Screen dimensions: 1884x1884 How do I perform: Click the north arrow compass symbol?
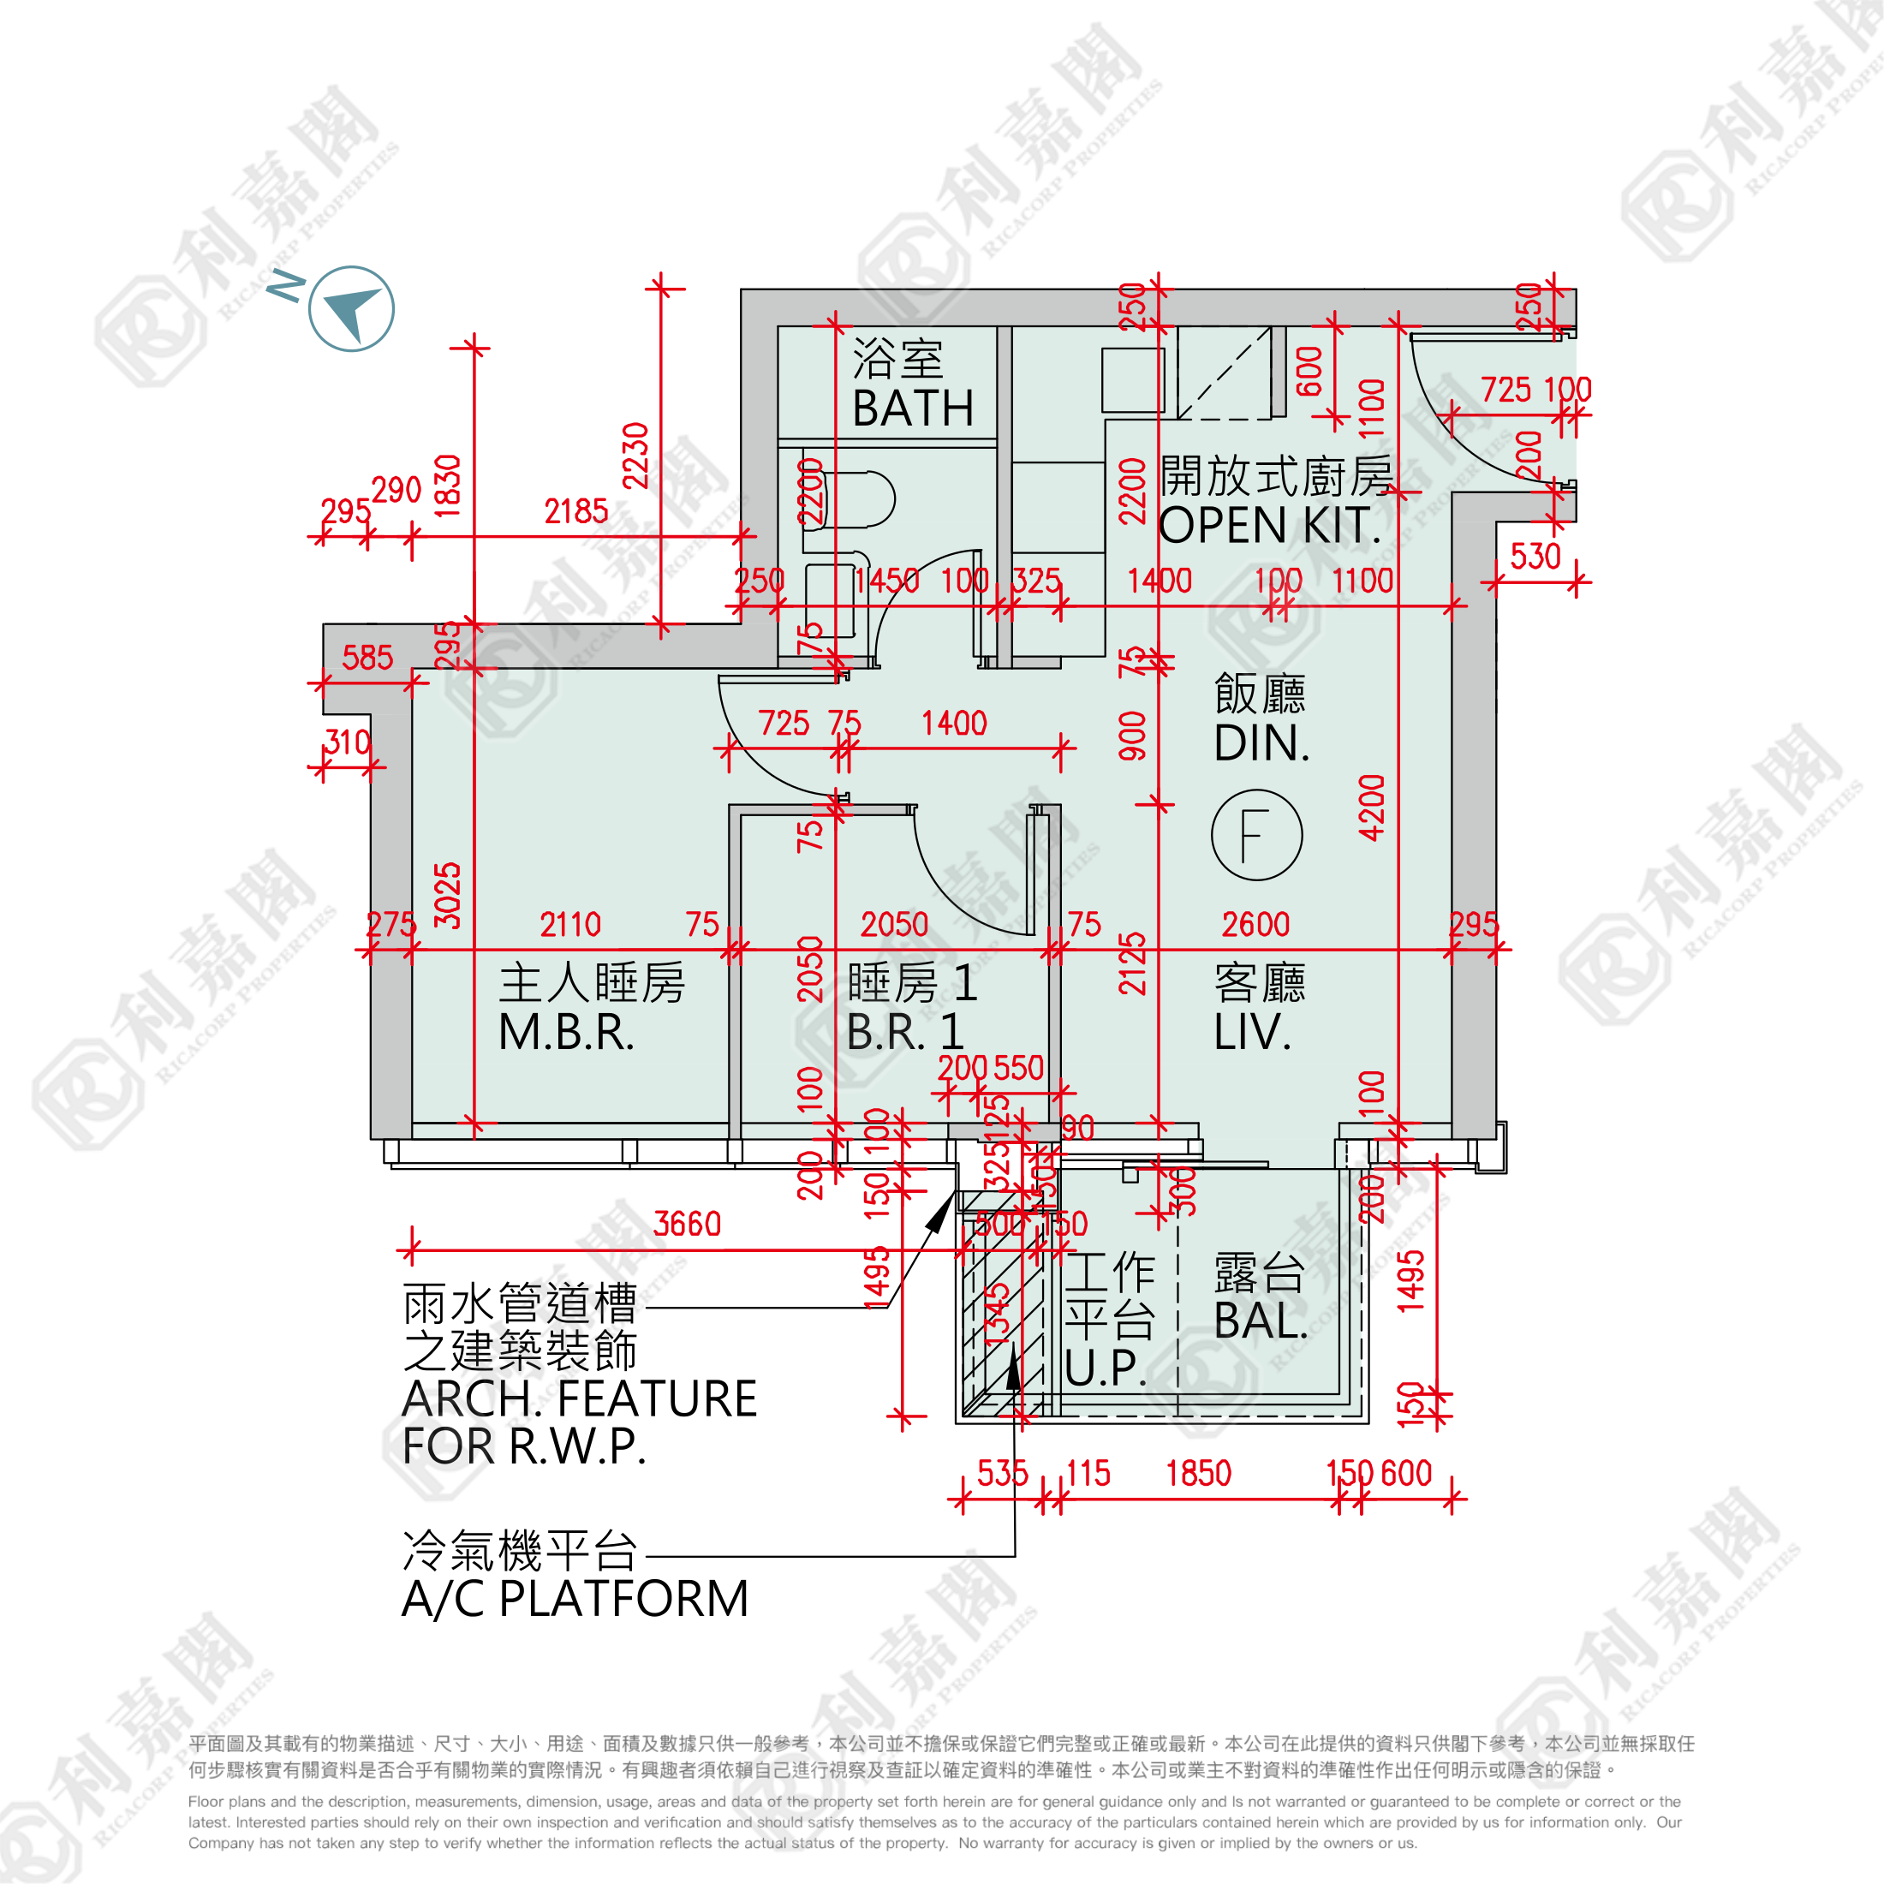click(x=350, y=308)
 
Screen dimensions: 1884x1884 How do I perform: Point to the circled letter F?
click(x=1256, y=835)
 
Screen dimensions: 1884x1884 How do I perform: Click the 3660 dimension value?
click(x=687, y=1224)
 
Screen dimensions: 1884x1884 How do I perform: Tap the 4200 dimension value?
click(x=1371, y=808)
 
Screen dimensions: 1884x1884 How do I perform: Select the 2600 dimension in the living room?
click(x=1255, y=925)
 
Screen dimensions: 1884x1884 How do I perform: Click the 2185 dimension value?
click(x=575, y=511)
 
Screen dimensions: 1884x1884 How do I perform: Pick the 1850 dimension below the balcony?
click(x=1198, y=1474)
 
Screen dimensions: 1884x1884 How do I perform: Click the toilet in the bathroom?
click(x=849, y=498)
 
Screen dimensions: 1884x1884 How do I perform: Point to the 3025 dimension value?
click(x=447, y=895)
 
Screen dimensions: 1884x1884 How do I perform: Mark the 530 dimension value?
click(x=1535, y=557)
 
